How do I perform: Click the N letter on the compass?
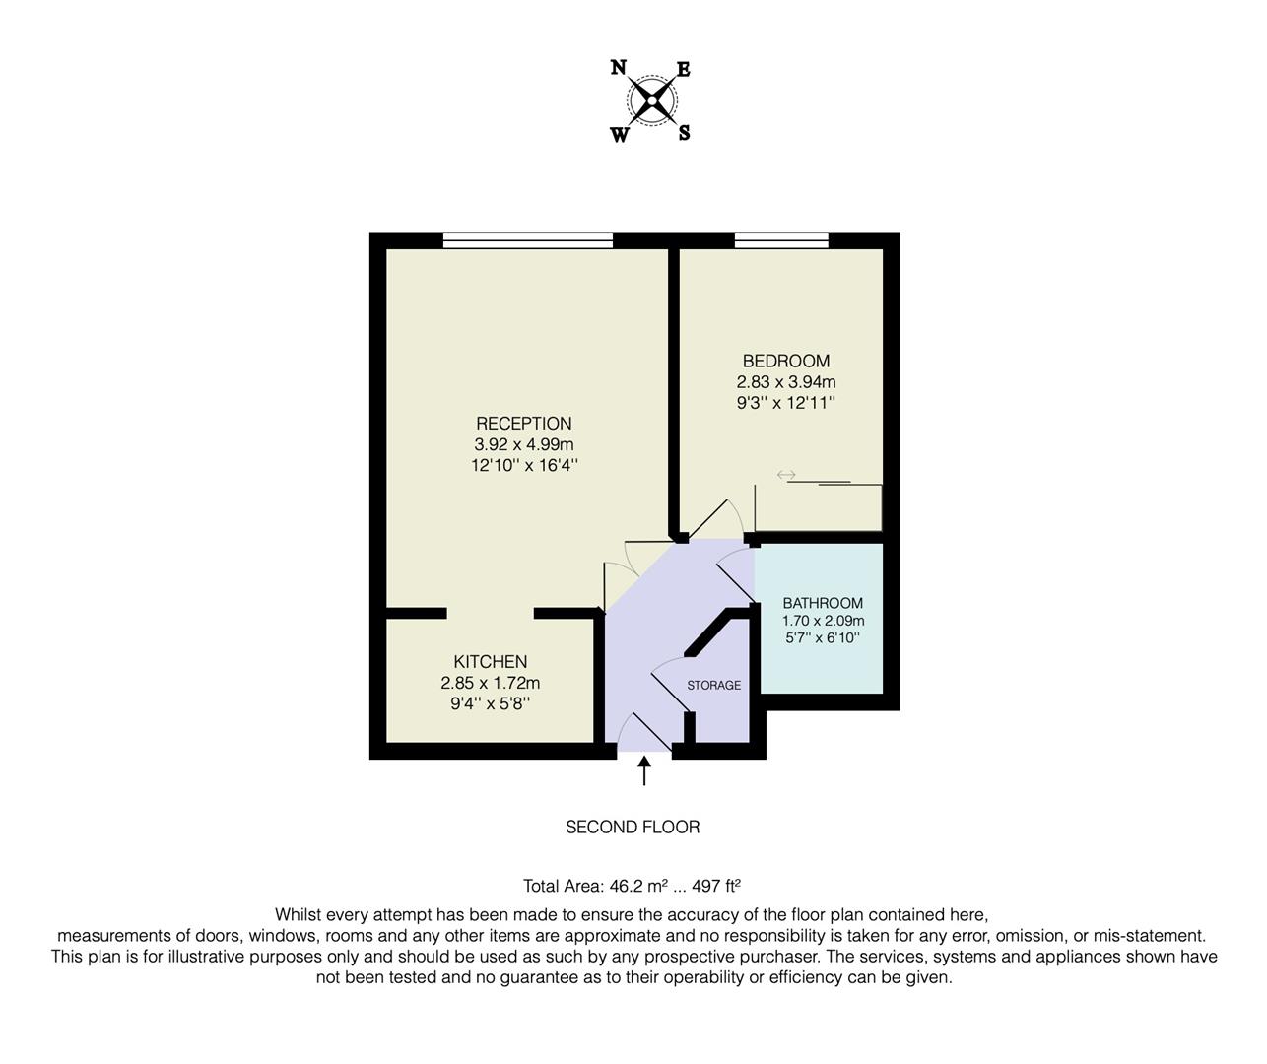click(619, 67)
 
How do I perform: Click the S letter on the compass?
click(684, 133)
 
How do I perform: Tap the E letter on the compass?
click(683, 69)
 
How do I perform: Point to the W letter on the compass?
click(619, 135)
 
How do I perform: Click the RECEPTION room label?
click(523, 424)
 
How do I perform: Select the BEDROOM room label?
click(785, 361)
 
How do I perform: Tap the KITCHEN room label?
click(490, 661)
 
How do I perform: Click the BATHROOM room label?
click(822, 603)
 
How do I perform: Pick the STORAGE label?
click(713, 685)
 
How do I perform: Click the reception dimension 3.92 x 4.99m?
click(523, 444)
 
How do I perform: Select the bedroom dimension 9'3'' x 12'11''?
click(785, 402)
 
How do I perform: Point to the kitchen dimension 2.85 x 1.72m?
click(490, 683)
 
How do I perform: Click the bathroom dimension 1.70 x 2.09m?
click(822, 621)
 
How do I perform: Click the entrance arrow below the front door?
click(644, 769)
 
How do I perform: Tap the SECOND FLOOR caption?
click(633, 827)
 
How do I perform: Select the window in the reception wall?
click(527, 239)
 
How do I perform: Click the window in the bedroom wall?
click(780, 239)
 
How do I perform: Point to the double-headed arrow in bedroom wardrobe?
click(785, 475)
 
